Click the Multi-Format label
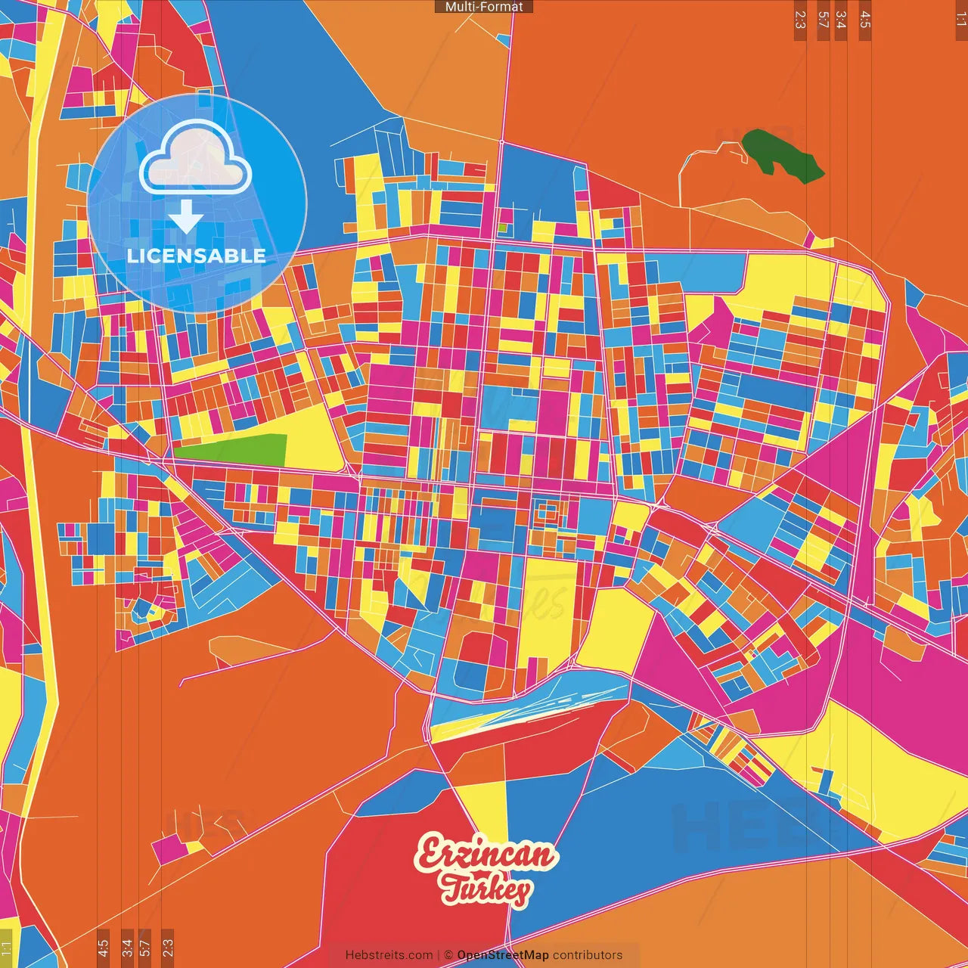click(x=484, y=7)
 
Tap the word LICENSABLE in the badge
click(x=197, y=256)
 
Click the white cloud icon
click(x=196, y=159)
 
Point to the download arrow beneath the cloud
click(x=186, y=217)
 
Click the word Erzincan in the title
click(x=486, y=855)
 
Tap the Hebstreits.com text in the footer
click(x=389, y=955)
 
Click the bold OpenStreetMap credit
click(x=503, y=955)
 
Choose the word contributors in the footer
click(x=588, y=955)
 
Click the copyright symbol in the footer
click(x=448, y=955)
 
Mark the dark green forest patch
click(x=782, y=156)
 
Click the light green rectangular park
click(x=231, y=451)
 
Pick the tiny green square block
click(x=503, y=227)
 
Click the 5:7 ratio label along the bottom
click(x=145, y=946)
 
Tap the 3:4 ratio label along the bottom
click(x=127, y=946)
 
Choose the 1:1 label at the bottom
click(x=7, y=948)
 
